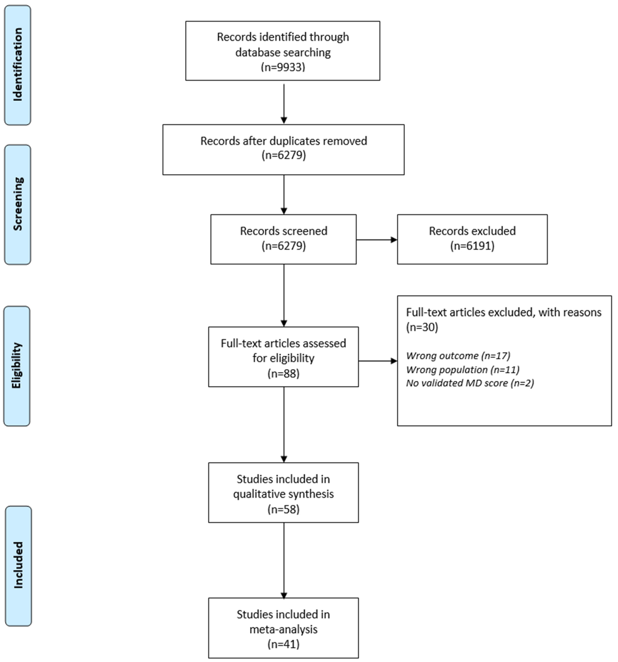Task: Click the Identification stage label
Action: point(18,65)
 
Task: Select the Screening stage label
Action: point(18,204)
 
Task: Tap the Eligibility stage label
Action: point(17,366)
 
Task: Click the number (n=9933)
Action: point(283,67)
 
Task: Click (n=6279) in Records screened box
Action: point(283,246)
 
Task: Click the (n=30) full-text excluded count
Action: point(422,327)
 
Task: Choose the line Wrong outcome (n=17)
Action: point(458,356)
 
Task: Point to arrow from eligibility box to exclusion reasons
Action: point(378,361)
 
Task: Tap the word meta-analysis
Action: point(283,629)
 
